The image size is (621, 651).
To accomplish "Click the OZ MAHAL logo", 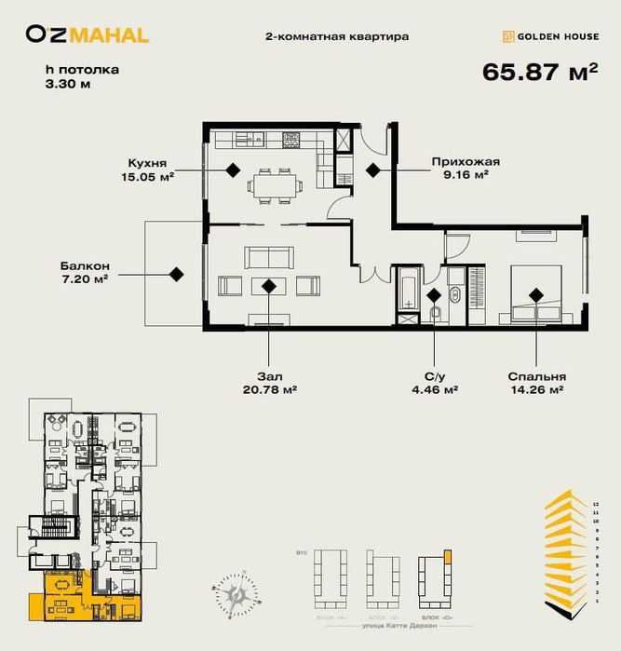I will tap(87, 35).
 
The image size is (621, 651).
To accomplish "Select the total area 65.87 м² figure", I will tap(540, 73).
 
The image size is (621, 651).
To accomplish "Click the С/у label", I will tap(434, 376).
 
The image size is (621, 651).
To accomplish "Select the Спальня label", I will tap(537, 376).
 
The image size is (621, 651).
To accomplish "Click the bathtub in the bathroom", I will tap(409, 292).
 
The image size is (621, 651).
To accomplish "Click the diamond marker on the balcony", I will tap(175, 274).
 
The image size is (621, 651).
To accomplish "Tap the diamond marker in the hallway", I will tap(372, 170).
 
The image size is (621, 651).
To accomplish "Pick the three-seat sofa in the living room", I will tap(269, 255).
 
